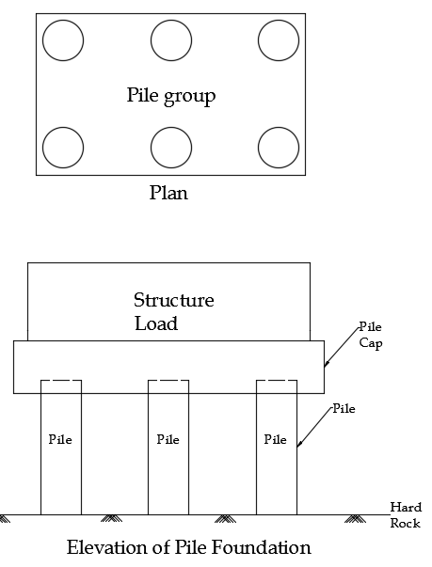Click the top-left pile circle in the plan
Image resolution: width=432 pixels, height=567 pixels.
point(63,21)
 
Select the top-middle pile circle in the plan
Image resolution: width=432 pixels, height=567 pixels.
point(171,21)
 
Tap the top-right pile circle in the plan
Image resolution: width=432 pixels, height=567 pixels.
point(279,21)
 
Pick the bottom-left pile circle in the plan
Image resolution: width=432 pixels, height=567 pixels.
point(63,127)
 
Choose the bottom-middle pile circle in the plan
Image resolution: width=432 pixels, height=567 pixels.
point(171,127)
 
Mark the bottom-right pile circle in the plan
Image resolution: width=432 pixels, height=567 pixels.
point(279,127)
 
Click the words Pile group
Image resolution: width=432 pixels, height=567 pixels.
point(171,96)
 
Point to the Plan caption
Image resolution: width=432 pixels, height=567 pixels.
point(168,193)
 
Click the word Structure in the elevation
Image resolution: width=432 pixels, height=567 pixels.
point(174,300)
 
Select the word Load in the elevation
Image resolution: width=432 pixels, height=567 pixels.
point(156,323)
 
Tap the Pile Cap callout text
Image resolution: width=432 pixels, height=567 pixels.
point(371,335)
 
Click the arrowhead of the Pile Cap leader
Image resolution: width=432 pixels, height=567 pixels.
point(326,365)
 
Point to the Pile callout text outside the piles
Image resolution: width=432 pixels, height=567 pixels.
point(344,409)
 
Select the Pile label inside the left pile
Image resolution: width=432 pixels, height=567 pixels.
point(60,439)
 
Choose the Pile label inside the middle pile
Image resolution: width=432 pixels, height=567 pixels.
point(168,439)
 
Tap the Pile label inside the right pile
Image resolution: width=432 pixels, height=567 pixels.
point(276,439)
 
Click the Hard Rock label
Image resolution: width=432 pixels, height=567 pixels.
point(406,515)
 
